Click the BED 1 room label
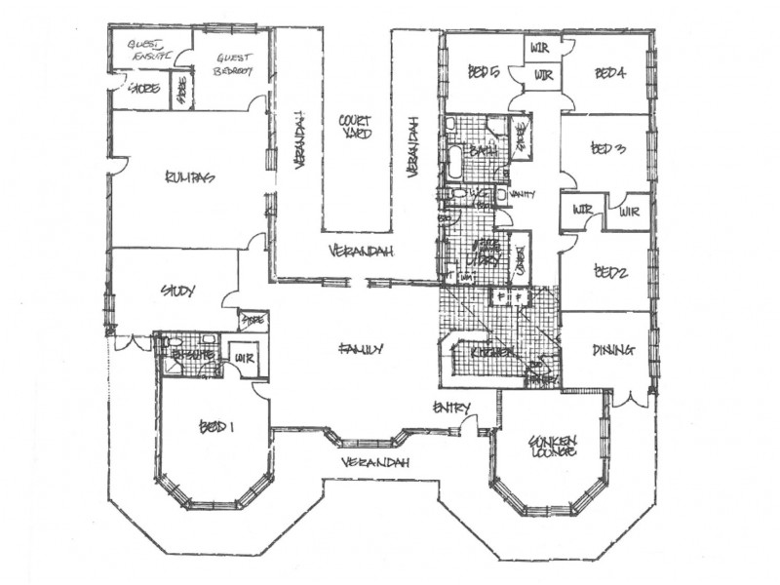click(217, 427)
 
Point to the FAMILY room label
click(360, 348)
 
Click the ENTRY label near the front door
click(452, 407)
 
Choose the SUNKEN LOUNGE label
click(553, 447)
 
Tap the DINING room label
click(613, 350)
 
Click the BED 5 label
click(483, 70)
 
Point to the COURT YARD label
click(354, 128)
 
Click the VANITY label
click(525, 194)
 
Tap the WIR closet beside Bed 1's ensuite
click(242, 360)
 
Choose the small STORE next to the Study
click(253, 319)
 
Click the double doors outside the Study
click(128, 343)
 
